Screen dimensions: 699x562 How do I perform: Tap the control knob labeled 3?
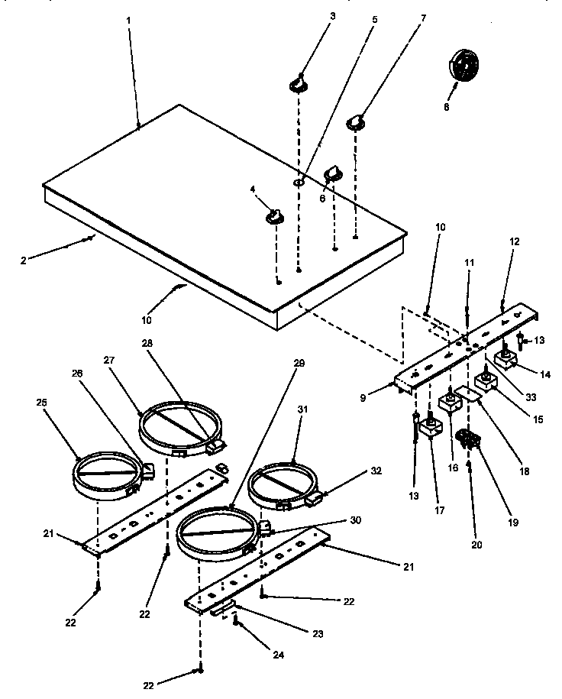click(299, 83)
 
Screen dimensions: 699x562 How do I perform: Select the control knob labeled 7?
click(356, 121)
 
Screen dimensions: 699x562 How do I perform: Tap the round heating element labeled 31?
click(283, 483)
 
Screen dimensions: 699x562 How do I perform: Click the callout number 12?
click(514, 241)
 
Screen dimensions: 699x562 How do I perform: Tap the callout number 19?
click(512, 523)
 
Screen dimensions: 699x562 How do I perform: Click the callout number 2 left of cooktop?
click(23, 260)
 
